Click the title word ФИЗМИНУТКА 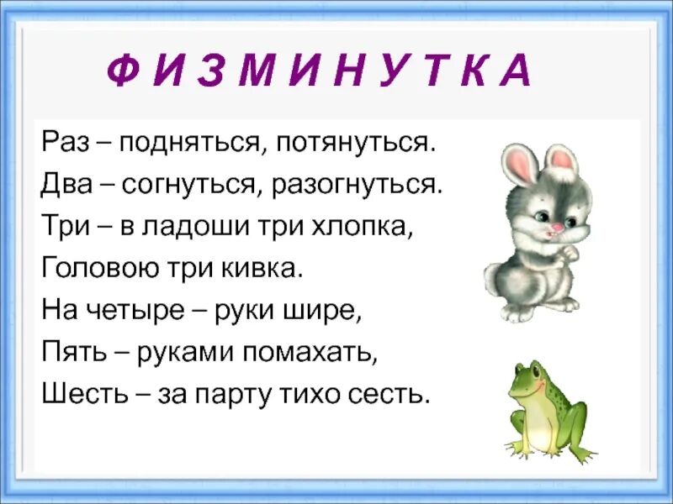pos(319,71)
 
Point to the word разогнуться pos(356,185)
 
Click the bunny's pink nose pos(553,227)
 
